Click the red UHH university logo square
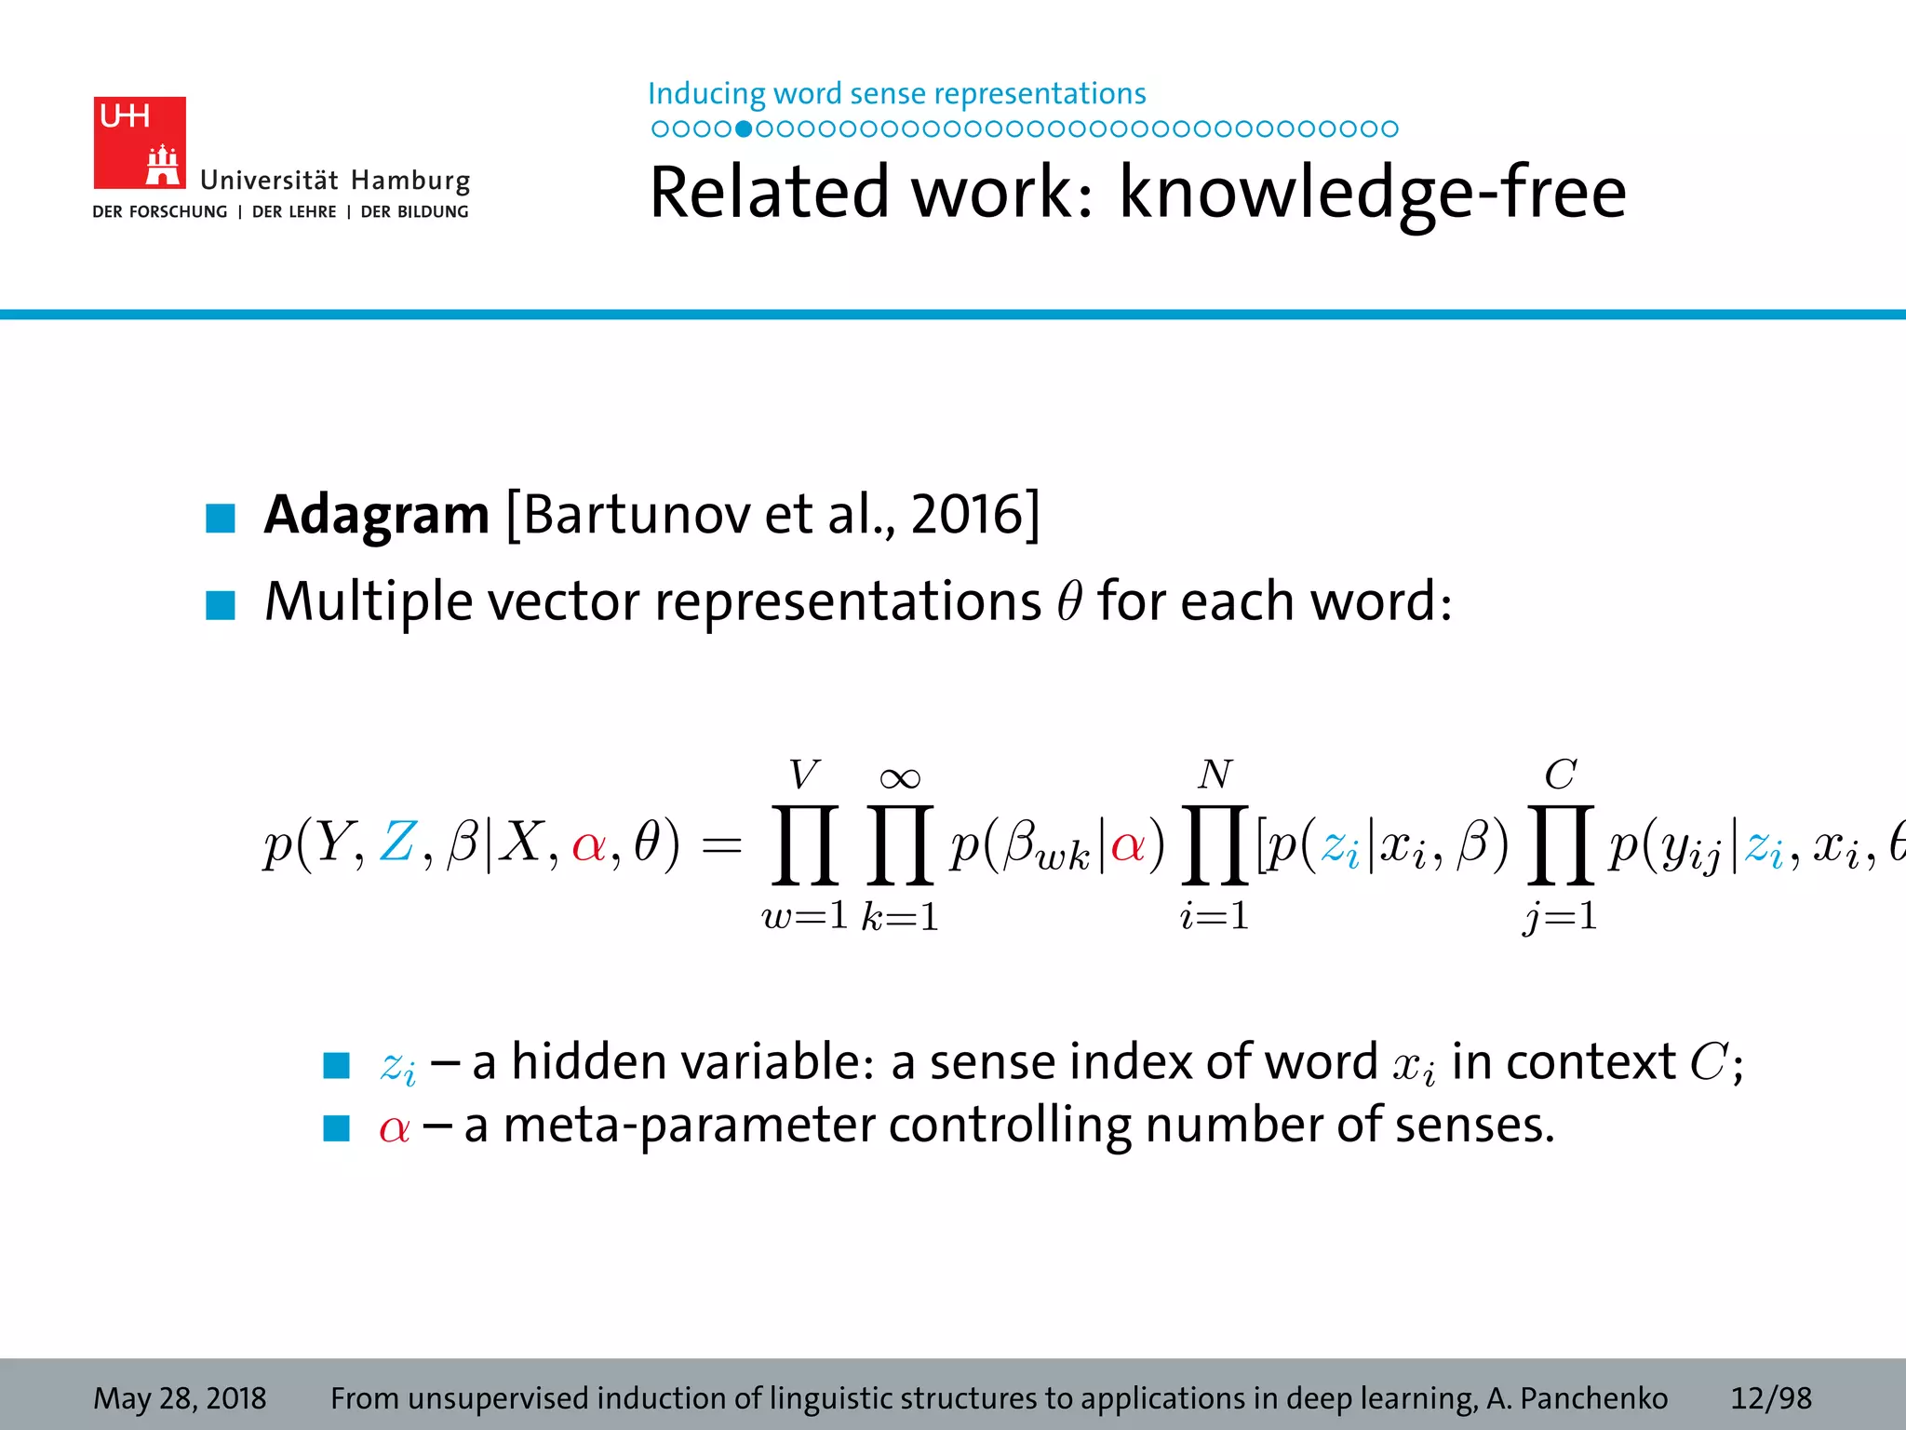click(x=140, y=142)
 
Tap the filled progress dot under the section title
click(x=744, y=128)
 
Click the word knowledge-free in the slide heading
click(x=1372, y=193)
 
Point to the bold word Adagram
click(x=376, y=514)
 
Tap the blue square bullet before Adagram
click(x=221, y=518)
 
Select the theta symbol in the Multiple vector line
click(x=1069, y=601)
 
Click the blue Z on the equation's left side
click(x=397, y=843)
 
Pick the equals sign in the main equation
click(x=721, y=845)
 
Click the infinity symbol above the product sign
click(x=900, y=777)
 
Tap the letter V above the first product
click(x=804, y=775)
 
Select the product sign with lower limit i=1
click(x=1215, y=844)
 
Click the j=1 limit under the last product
click(x=1561, y=916)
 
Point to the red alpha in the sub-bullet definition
click(x=395, y=1127)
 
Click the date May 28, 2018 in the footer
click(x=180, y=1398)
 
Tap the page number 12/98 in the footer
click(x=1770, y=1398)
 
